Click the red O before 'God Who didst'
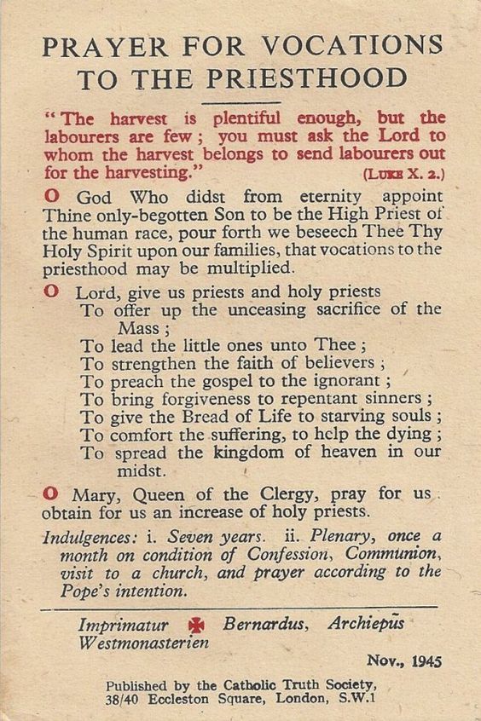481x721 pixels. [50, 195]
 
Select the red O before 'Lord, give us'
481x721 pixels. [50, 291]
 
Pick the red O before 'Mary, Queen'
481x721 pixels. [50, 492]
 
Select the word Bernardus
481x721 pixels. [260, 624]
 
